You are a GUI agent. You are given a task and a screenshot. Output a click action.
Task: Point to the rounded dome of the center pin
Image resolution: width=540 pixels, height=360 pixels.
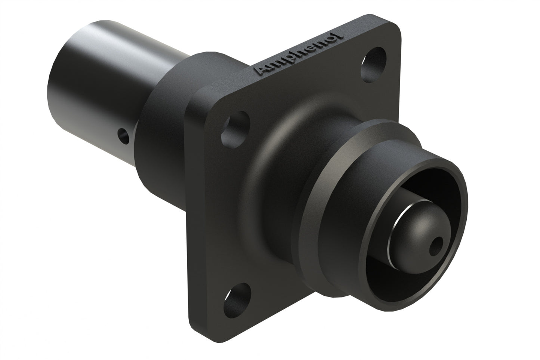tap(415, 230)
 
